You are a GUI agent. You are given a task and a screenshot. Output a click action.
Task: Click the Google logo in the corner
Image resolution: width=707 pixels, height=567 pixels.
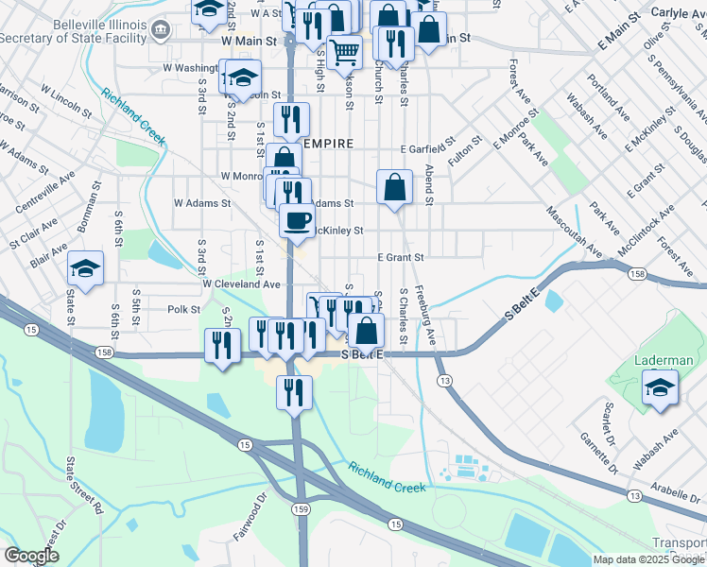(x=31, y=556)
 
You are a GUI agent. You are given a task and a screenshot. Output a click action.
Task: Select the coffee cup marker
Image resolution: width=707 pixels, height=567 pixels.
(x=297, y=222)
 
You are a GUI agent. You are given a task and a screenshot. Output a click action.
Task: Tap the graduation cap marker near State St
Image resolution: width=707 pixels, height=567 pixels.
(x=85, y=270)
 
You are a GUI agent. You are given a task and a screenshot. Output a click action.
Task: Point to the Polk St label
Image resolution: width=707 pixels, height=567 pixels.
(x=183, y=309)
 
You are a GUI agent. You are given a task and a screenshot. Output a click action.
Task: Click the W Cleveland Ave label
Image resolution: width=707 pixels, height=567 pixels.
(x=241, y=283)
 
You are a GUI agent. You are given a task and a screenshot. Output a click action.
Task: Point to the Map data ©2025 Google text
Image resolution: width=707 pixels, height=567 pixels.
(x=649, y=559)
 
